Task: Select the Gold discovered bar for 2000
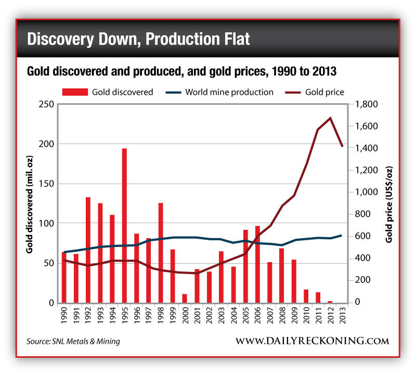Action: pos(185,298)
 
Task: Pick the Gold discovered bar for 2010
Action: pos(306,296)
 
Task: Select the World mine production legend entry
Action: pos(220,92)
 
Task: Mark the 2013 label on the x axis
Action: pos(342,316)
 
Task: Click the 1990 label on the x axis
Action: pos(64,316)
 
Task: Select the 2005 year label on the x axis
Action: pos(245,316)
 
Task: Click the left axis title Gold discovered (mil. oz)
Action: pos(31,203)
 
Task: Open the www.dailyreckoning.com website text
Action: pos(312,341)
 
